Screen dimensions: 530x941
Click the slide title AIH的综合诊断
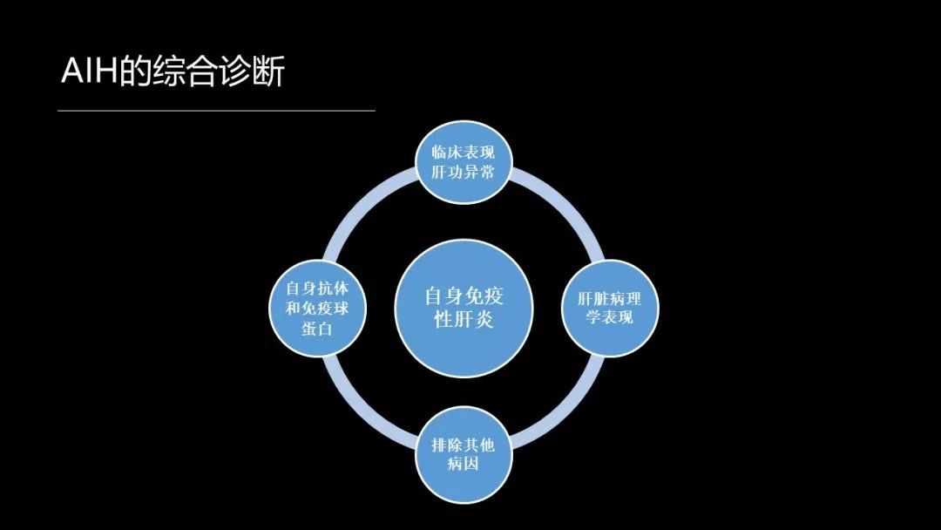pos(173,73)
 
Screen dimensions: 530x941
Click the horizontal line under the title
pos(216,111)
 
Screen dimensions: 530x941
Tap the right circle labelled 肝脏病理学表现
pos(610,308)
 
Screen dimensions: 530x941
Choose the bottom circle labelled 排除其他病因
pos(462,455)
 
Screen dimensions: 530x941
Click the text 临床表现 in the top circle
pos(463,153)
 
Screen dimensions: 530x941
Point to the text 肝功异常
pos(463,173)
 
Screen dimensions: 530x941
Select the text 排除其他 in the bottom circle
pos(462,445)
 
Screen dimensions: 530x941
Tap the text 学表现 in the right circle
pos(610,317)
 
